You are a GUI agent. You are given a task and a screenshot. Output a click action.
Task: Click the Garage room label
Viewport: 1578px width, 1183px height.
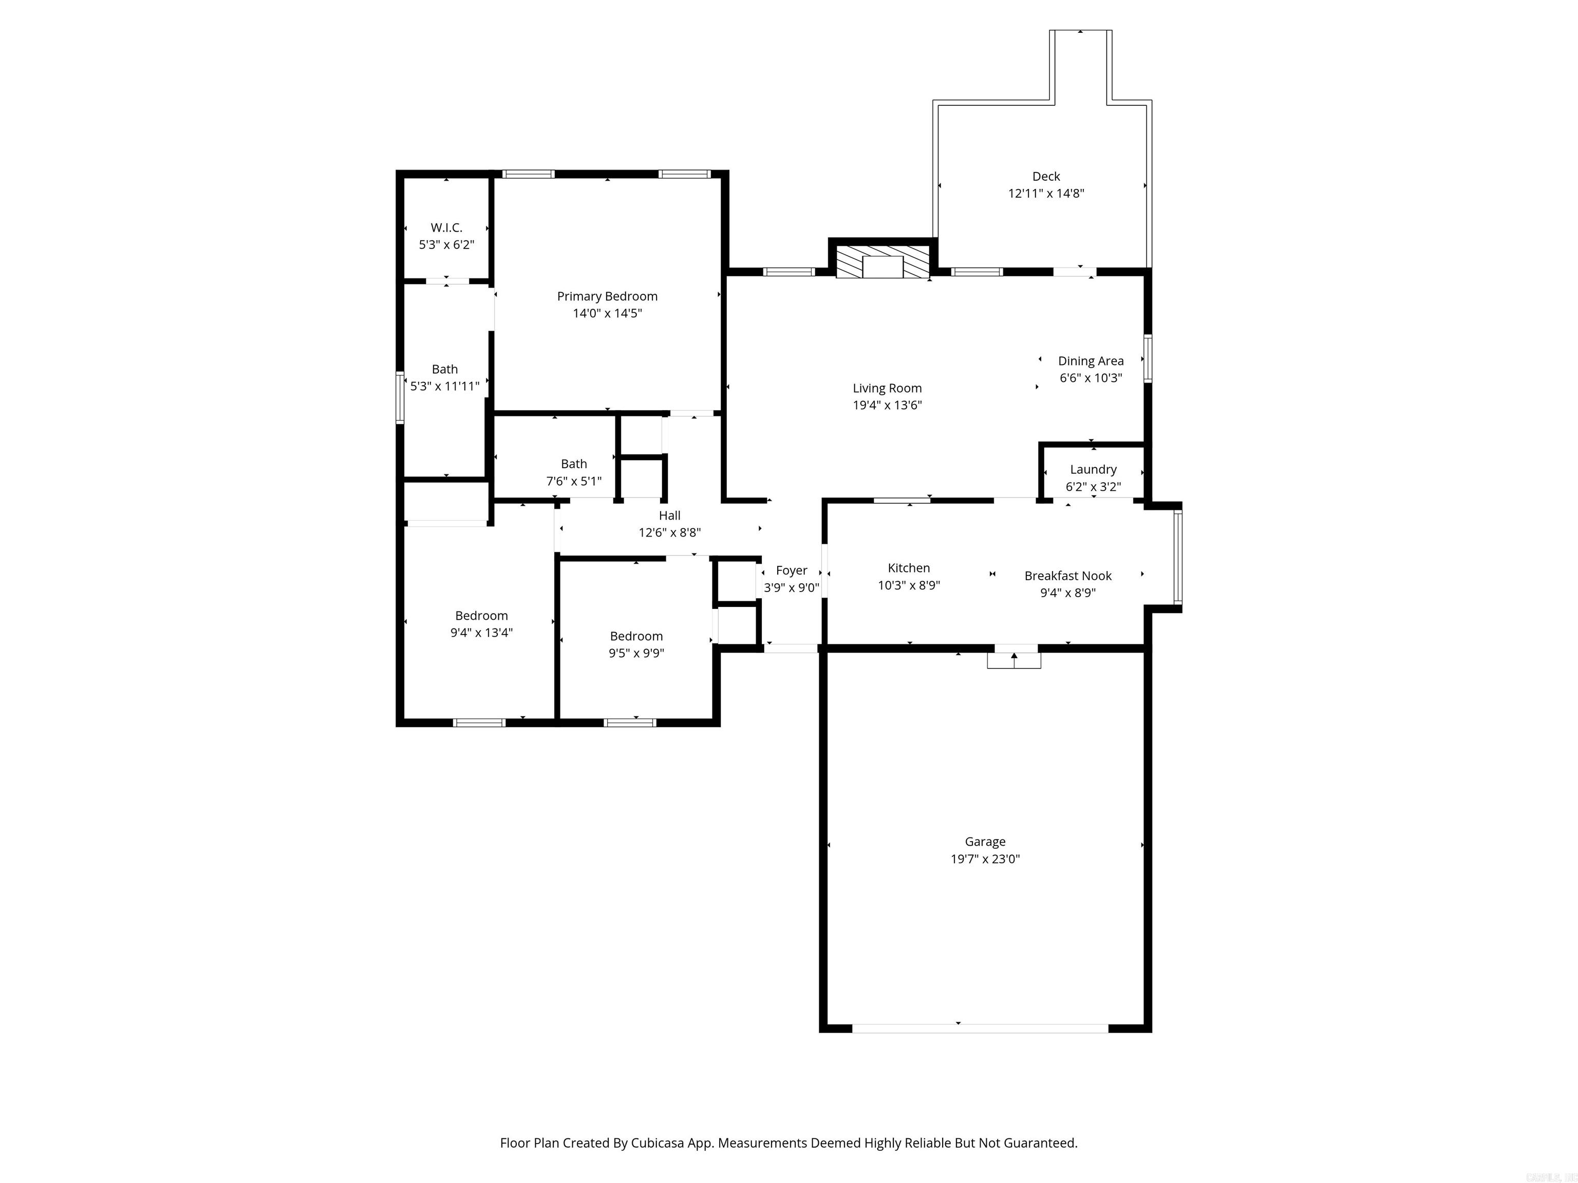pos(985,842)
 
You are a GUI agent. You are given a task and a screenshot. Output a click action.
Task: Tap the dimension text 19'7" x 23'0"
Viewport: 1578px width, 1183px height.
pos(985,859)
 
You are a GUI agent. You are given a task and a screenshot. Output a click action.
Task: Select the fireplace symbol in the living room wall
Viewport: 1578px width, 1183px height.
pos(883,263)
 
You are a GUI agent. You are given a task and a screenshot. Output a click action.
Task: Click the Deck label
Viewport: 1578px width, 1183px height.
pos(1046,176)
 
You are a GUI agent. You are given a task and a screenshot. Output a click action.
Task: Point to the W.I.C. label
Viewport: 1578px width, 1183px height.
pos(446,227)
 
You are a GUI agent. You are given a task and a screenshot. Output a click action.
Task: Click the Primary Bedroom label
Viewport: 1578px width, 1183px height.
pos(607,296)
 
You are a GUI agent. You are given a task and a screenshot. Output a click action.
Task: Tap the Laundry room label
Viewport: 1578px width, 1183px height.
pos(1093,469)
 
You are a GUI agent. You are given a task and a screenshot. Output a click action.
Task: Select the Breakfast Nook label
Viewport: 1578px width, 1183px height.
pos(1068,576)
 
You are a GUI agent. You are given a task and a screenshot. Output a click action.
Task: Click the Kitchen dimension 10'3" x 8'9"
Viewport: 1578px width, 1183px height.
pos(909,585)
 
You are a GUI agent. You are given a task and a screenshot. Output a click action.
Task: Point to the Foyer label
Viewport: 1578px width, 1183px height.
pos(791,570)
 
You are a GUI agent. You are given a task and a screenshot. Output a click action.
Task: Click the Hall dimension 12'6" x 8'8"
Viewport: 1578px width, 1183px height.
pos(669,532)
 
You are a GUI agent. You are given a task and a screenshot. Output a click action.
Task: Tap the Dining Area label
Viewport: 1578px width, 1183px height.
pos(1091,361)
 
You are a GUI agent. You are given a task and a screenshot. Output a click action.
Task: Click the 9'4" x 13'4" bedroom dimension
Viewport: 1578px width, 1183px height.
pos(481,633)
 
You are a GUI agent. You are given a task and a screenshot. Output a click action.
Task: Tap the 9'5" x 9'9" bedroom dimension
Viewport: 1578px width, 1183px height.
pos(636,653)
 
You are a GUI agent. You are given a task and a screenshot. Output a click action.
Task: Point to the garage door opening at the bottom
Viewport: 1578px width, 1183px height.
pos(980,1028)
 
